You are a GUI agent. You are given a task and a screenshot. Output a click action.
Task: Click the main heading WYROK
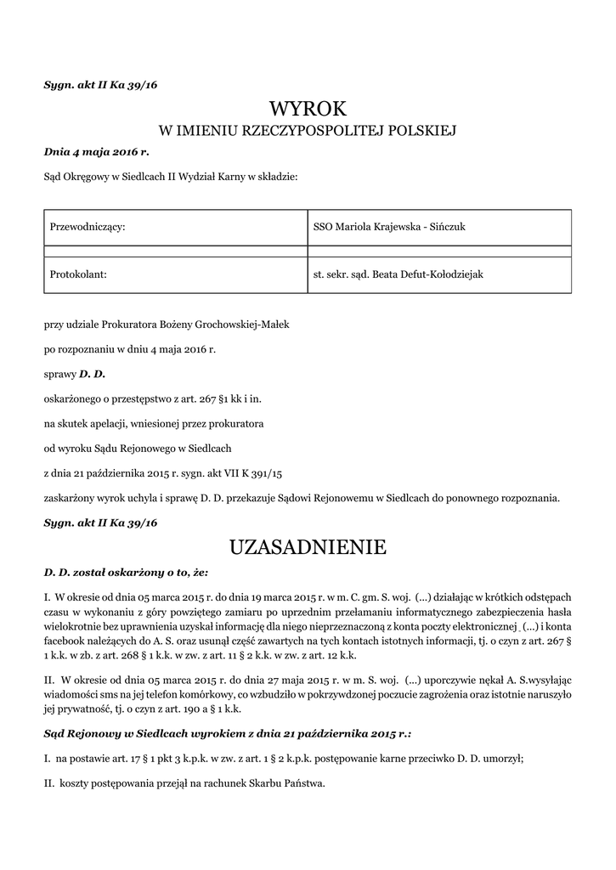308,109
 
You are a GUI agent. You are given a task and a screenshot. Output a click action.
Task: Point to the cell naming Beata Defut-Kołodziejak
438,274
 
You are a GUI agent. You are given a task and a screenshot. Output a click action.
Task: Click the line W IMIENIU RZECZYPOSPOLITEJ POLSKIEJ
308,131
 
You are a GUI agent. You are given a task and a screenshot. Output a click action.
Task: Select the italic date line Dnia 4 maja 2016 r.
96,152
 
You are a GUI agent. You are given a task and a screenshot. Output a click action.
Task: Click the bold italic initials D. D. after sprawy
91,374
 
